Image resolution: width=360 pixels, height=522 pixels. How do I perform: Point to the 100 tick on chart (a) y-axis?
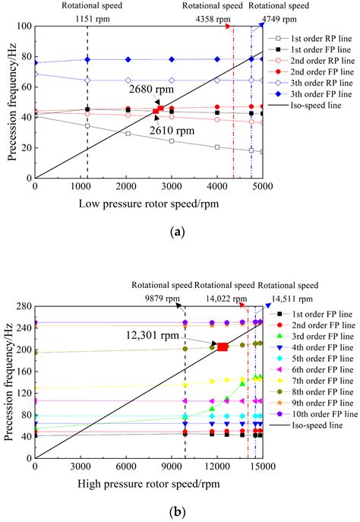[23, 27]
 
